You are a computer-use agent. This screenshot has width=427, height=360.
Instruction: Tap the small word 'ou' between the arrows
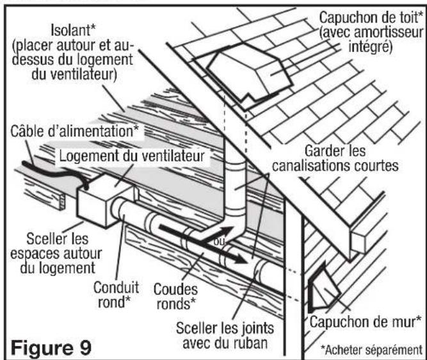tap(220, 242)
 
